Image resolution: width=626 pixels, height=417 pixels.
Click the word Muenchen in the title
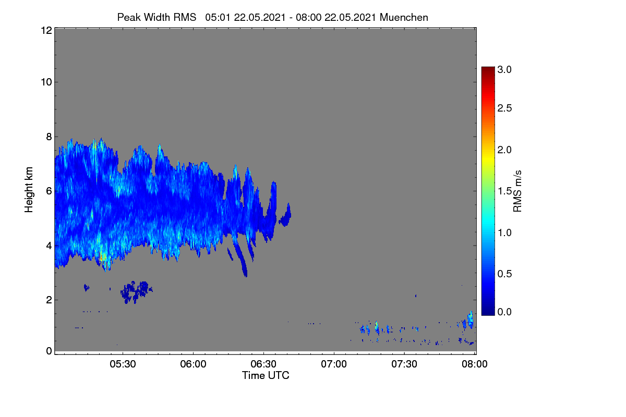tap(404, 17)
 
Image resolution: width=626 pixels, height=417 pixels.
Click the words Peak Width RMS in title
tap(156, 17)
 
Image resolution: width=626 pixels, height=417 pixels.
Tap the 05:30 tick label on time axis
tap(123, 364)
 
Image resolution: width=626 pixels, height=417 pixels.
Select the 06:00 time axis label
tap(193, 364)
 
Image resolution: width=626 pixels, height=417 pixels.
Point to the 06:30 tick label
tap(263, 364)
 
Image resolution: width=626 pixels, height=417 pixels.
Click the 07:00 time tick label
tap(334, 364)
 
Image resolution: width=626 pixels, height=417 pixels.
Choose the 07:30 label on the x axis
tap(404, 364)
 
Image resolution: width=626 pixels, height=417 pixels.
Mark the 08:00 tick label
tap(475, 364)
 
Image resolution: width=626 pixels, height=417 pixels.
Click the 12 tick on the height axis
tap(46, 30)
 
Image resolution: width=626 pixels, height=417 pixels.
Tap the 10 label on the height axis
tap(46, 82)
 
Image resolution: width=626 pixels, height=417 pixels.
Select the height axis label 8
tap(49, 137)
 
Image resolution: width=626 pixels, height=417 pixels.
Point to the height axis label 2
tap(49, 300)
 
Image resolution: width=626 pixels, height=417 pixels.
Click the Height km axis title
tap(29, 190)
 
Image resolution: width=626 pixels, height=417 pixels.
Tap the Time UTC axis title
tap(266, 376)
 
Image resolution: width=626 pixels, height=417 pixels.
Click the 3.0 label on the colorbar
tap(504, 69)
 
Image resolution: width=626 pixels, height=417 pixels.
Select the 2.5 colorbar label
tap(504, 108)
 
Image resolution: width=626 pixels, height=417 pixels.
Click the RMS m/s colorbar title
tap(517, 191)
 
